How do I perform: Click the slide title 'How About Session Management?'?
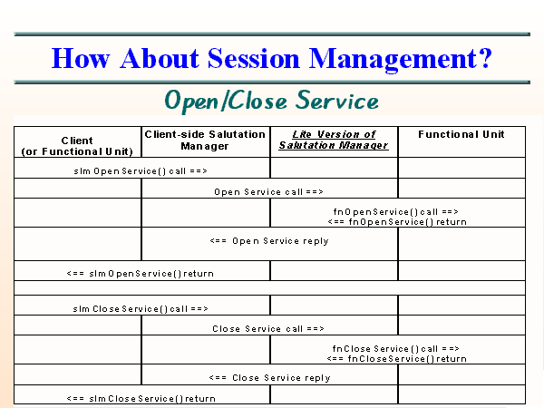(272, 58)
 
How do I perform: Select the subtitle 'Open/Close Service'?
(271, 99)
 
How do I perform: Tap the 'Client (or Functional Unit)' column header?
(77, 146)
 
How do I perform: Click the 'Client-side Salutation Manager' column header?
(205, 140)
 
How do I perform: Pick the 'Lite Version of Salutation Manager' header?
(334, 140)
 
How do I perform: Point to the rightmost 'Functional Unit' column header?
(461, 135)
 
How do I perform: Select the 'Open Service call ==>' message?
(268, 191)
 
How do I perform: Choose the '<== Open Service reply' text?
(268, 241)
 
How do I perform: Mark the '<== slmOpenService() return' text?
(141, 272)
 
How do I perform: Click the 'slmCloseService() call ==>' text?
(141, 308)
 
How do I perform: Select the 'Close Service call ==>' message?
(268, 328)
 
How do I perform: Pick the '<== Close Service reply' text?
(269, 377)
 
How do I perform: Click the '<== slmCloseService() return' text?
(141, 398)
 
